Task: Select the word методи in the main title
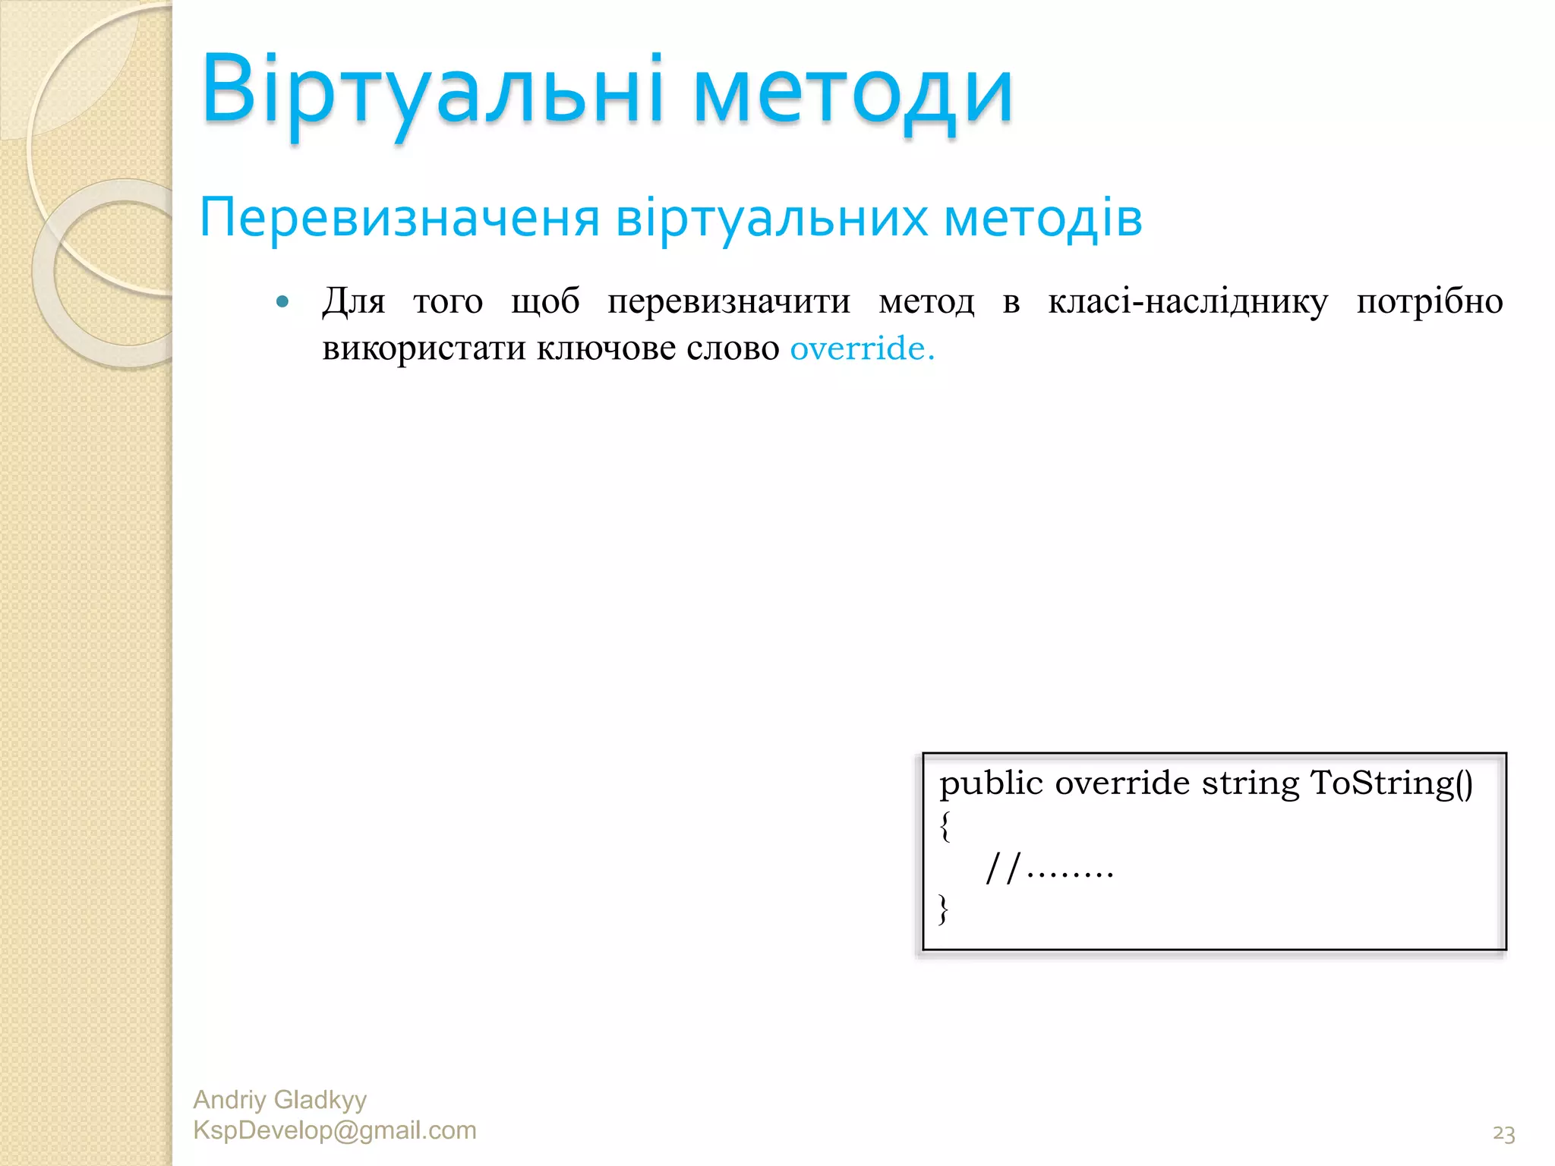point(853,95)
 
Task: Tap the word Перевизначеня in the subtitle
point(399,218)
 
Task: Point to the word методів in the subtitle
point(1042,218)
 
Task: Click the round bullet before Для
point(283,302)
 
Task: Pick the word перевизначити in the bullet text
point(729,302)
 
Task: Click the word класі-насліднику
point(1188,302)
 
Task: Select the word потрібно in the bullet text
point(1429,302)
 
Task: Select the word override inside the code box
point(1121,783)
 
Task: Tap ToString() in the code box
point(1391,783)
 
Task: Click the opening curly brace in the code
point(945,826)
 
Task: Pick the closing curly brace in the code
point(944,908)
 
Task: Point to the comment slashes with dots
point(1049,868)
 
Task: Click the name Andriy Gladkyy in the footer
point(279,1099)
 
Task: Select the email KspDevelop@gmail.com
point(335,1130)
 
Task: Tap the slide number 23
point(1503,1134)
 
